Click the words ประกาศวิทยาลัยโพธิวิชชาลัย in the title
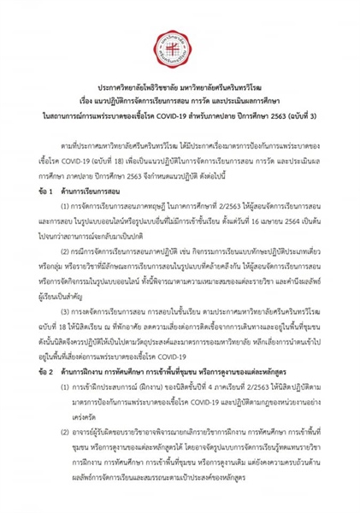tap(137, 89)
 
